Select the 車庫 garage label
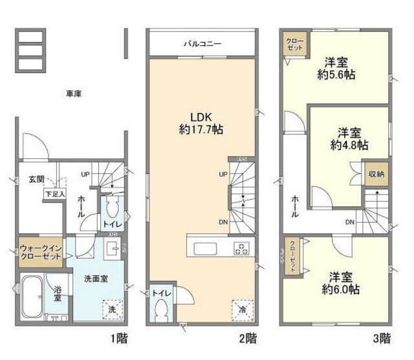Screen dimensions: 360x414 (73, 94)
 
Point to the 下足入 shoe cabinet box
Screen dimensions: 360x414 (54, 193)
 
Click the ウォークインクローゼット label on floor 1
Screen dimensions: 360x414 (40, 251)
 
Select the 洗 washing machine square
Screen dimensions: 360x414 (114, 310)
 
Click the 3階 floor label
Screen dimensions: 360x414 (382, 337)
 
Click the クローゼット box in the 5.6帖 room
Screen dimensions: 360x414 (296, 45)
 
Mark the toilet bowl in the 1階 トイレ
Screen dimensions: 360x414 (112, 208)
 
